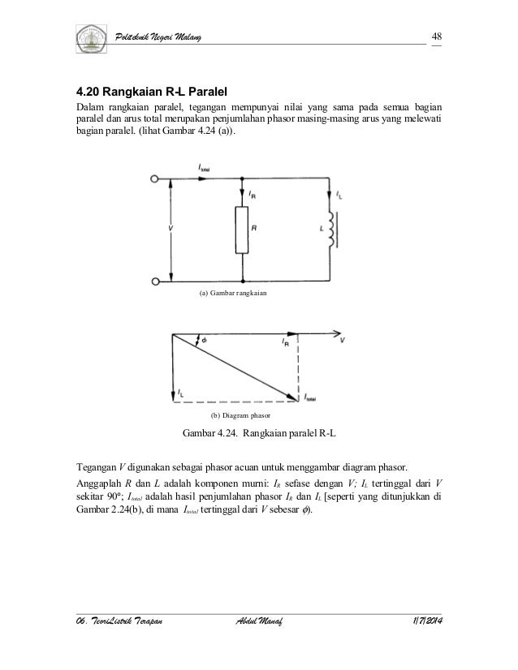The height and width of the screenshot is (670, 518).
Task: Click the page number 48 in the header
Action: pos(436,37)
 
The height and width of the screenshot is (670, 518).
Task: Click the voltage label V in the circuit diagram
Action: pos(170,230)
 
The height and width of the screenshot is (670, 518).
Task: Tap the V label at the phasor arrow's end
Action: pos(343,341)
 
